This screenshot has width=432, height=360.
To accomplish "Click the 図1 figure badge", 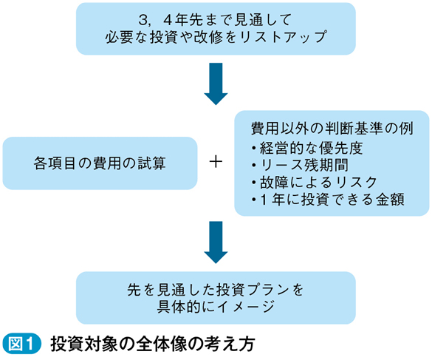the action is pyautogui.click(x=21, y=344).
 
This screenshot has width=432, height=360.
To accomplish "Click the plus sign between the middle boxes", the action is pyautogui.click(x=216, y=162).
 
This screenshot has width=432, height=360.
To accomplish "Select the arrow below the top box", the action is pyautogui.click(x=216, y=84).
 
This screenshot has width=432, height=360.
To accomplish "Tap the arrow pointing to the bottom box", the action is pyautogui.click(x=216, y=242).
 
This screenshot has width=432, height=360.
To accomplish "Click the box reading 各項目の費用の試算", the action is pyautogui.click(x=100, y=163).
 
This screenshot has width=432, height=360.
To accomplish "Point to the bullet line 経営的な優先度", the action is pyautogui.click(x=307, y=148).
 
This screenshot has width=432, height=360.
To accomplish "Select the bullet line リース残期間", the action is pyautogui.click(x=300, y=166).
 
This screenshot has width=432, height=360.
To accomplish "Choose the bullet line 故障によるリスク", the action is pyautogui.click(x=315, y=183).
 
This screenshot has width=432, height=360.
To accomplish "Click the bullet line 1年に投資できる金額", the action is pyautogui.click(x=328, y=200).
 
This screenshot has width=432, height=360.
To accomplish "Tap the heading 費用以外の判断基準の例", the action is pyautogui.click(x=332, y=129).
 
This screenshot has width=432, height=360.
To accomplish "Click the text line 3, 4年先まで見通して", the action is pyautogui.click(x=215, y=19).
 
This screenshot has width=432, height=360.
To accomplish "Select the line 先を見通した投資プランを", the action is pyautogui.click(x=215, y=290).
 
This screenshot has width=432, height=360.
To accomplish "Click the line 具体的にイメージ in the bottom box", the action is pyautogui.click(x=216, y=307).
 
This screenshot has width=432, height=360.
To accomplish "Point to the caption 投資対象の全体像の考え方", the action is pyautogui.click(x=152, y=344).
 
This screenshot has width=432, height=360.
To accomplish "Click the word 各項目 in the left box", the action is pyautogui.click(x=55, y=163).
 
